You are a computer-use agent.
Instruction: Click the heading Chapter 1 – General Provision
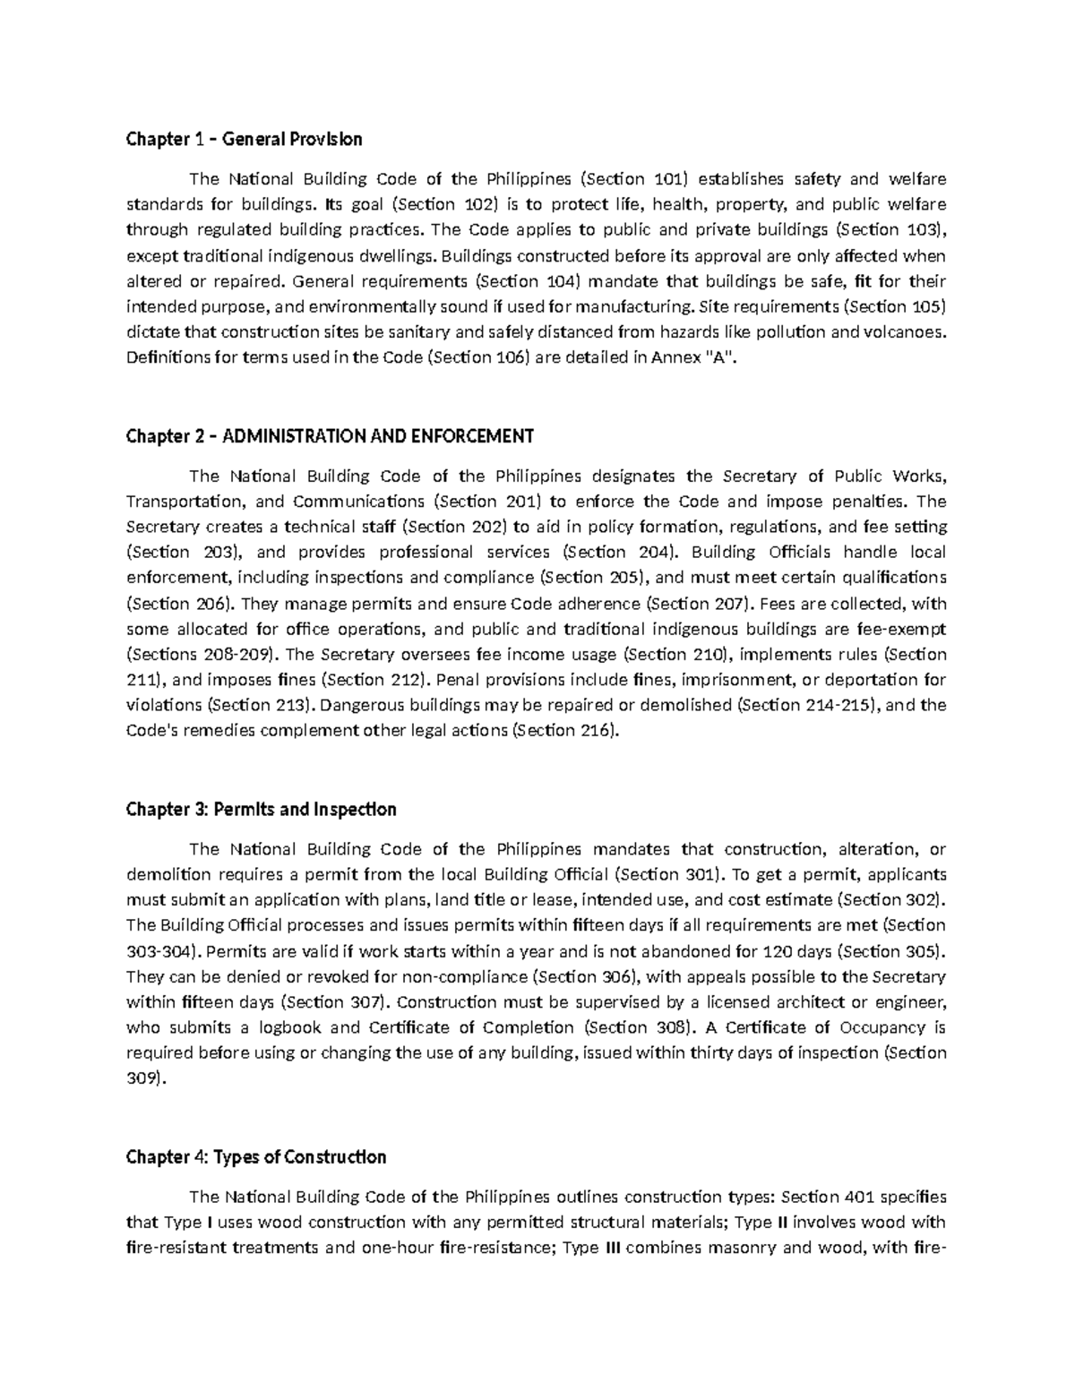[x=244, y=139]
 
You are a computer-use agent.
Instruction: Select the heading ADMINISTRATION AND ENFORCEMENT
[x=377, y=436]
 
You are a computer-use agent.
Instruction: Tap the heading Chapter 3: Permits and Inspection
[x=261, y=810]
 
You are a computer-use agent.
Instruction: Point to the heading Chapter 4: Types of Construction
[x=256, y=1157]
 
